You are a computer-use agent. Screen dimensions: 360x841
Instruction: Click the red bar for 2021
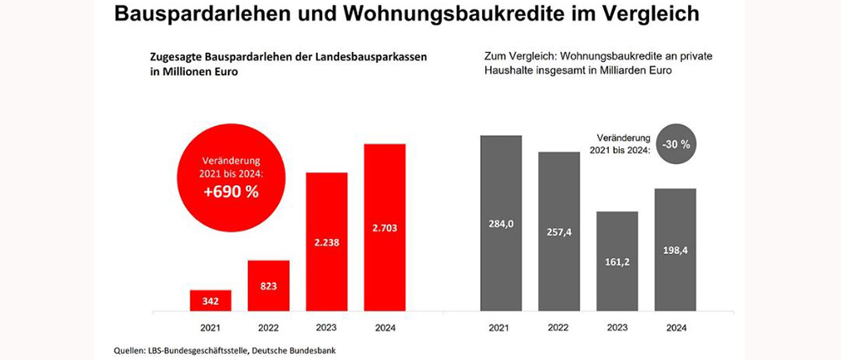point(211,299)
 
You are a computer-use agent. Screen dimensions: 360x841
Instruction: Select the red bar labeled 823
point(268,285)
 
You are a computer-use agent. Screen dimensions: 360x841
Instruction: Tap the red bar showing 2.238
point(326,241)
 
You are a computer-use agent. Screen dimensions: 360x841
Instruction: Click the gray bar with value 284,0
point(501,223)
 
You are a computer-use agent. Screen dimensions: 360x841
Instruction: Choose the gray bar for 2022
point(559,231)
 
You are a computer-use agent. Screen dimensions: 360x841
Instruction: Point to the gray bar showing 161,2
point(617,261)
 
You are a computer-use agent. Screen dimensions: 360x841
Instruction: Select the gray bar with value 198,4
point(675,249)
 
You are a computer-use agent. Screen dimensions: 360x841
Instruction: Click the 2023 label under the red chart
point(326,327)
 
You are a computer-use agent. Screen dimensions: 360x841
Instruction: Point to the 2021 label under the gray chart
point(501,327)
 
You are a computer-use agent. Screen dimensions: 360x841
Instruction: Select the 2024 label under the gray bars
point(675,327)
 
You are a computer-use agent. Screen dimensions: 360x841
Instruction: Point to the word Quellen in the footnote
point(130,348)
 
